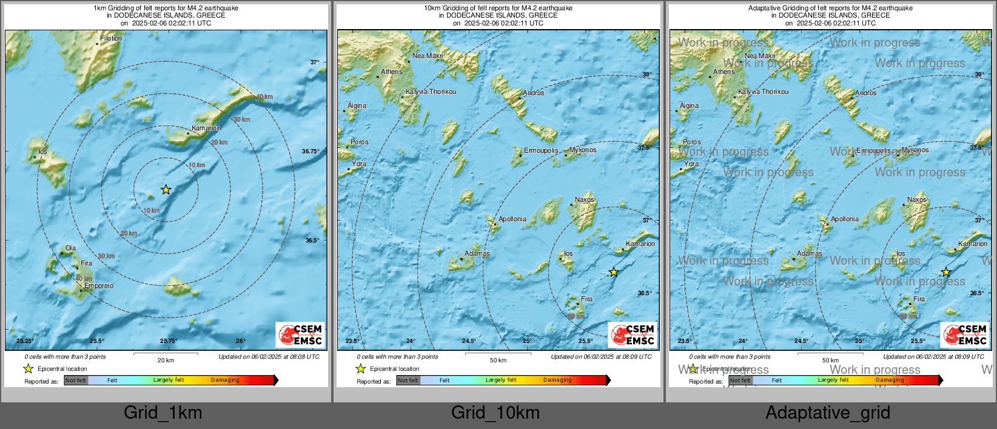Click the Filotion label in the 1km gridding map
coord(111,38)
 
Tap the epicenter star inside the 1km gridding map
coord(166,190)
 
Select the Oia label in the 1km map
coord(71,248)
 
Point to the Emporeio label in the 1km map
coord(99,285)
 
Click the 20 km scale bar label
coord(166,360)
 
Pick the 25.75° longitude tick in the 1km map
coord(169,341)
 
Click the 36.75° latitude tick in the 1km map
coord(311,151)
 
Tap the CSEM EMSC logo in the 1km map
coord(300,334)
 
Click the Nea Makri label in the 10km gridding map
coord(428,56)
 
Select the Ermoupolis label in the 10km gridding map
coord(541,150)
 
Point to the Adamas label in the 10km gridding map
coord(477,253)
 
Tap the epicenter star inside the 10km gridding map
coord(614,272)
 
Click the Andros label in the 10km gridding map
coord(534,93)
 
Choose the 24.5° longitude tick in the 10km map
coord(469,341)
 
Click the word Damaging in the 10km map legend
coord(557,380)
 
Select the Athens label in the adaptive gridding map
coord(724,71)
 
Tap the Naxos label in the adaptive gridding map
coord(916,199)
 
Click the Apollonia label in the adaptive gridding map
coord(845,219)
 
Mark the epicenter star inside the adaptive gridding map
coord(946,272)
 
